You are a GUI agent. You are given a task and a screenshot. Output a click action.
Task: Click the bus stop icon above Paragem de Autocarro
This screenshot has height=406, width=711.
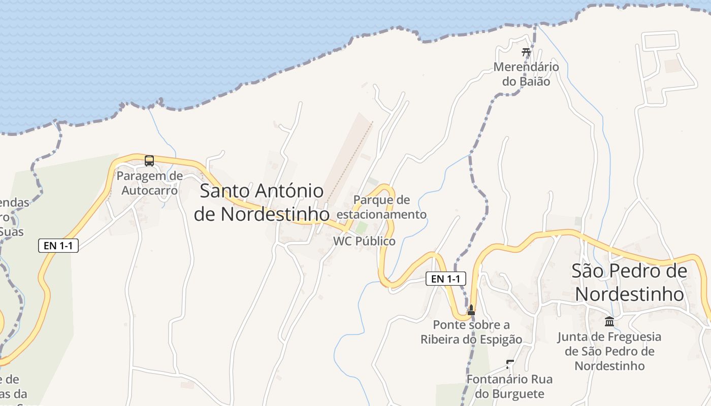[149, 161]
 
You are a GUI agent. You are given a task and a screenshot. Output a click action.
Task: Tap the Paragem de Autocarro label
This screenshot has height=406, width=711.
[149, 183]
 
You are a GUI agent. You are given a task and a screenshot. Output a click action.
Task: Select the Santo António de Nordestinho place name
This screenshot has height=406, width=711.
[262, 202]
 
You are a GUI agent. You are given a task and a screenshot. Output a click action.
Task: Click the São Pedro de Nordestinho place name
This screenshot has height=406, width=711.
[629, 282]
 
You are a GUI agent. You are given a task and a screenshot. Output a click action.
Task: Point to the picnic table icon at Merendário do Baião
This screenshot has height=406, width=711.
[526, 52]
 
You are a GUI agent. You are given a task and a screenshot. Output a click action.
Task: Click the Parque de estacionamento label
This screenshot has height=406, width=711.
[381, 207]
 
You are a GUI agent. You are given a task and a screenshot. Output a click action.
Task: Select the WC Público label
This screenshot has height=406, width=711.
[364, 241]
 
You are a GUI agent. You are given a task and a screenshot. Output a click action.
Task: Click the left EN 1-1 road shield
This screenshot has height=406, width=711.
[58, 246]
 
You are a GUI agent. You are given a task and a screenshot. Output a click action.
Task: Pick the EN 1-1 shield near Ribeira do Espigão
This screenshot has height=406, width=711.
[445, 278]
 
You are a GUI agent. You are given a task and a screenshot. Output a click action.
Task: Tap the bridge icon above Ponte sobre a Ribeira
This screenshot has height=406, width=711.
[471, 310]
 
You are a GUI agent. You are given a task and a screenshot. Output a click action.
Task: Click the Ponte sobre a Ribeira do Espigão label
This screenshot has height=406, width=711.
[471, 332]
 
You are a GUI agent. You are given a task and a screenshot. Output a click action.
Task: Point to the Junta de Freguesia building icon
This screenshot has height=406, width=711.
[609, 321]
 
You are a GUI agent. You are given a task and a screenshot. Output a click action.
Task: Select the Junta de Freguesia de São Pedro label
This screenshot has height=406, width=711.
[609, 351]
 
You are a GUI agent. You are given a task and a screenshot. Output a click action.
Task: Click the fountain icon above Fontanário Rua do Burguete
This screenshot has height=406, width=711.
[510, 364]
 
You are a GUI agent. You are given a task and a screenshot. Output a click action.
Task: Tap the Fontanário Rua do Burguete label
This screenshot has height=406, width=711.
[509, 386]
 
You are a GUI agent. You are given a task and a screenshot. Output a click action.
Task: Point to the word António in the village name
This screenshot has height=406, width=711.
[289, 191]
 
